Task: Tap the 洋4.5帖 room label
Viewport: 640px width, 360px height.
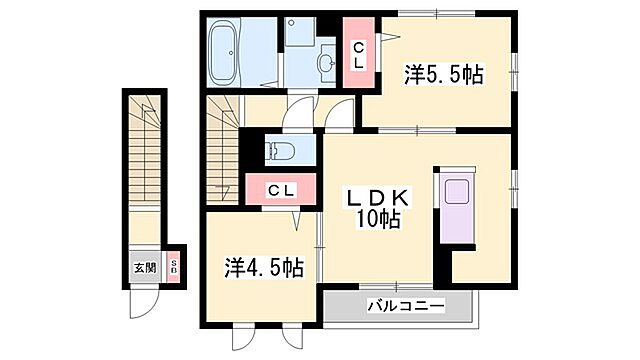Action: pos(264,267)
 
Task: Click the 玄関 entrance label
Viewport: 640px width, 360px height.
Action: pos(144,268)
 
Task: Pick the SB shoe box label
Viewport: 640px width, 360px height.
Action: pos(172,267)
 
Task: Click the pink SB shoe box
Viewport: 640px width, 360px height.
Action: pos(172,267)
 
